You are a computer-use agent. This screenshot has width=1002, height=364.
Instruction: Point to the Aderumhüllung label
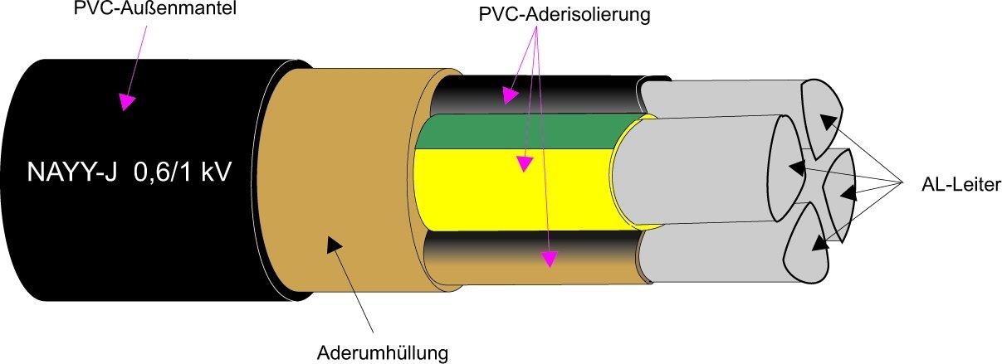(383, 352)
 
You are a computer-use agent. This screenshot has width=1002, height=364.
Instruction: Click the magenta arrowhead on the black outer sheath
(126, 101)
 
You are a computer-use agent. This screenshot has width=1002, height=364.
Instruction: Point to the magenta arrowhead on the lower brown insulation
(547, 260)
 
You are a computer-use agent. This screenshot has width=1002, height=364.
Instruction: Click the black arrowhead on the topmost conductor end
(827, 121)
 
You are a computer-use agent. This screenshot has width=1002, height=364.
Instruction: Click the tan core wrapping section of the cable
(349, 182)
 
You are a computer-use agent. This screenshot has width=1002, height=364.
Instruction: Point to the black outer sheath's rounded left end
(25, 178)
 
